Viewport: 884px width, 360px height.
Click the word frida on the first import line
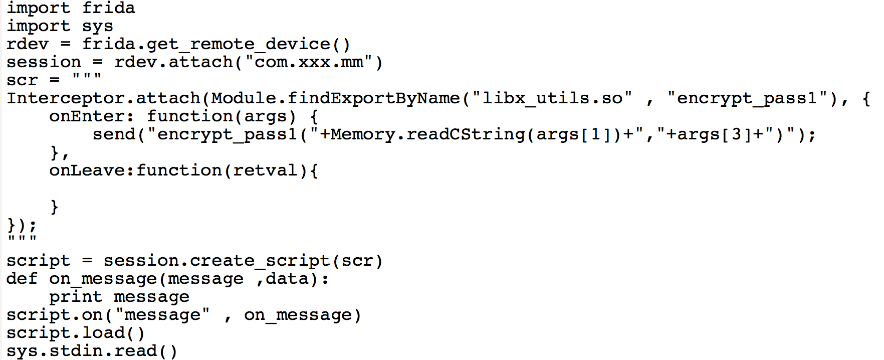[108, 8]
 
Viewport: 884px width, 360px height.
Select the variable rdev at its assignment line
[27, 44]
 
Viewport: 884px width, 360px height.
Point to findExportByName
[373, 98]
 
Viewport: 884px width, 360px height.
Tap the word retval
[265, 170]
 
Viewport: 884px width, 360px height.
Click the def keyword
[22, 279]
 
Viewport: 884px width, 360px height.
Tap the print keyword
[76, 297]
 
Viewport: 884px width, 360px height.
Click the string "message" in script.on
[162, 315]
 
